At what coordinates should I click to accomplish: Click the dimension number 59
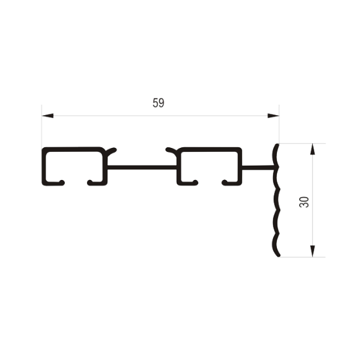click(x=158, y=103)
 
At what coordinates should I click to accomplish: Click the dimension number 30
click(x=304, y=202)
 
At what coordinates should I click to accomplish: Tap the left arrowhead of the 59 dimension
click(x=48, y=116)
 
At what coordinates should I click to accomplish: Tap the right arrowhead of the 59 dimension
click(x=273, y=116)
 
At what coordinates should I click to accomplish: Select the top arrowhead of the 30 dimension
click(x=312, y=149)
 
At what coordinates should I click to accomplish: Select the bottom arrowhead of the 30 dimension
click(x=312, y=251)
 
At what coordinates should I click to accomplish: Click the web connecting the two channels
click(x=141, y=168)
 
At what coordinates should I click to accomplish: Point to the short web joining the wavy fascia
click(x=259, y=168)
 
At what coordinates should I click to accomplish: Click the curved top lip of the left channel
click(x=111, y=151)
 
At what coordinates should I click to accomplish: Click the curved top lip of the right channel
click(x=171, y=151)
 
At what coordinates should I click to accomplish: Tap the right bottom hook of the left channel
click(x=95, y=183)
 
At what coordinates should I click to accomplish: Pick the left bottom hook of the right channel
click(x=189, y=183)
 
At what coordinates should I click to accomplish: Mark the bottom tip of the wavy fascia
click(x=279, y=255)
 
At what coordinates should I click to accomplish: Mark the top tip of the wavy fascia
click(x=278, y=145)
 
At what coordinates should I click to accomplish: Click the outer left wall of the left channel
click(x=44, y=166)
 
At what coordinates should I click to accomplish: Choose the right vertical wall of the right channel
click(x=240, y=166)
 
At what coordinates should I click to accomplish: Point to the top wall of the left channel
click(x=73, y=149)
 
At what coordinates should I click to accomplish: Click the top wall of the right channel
click(x=209, y=149)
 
